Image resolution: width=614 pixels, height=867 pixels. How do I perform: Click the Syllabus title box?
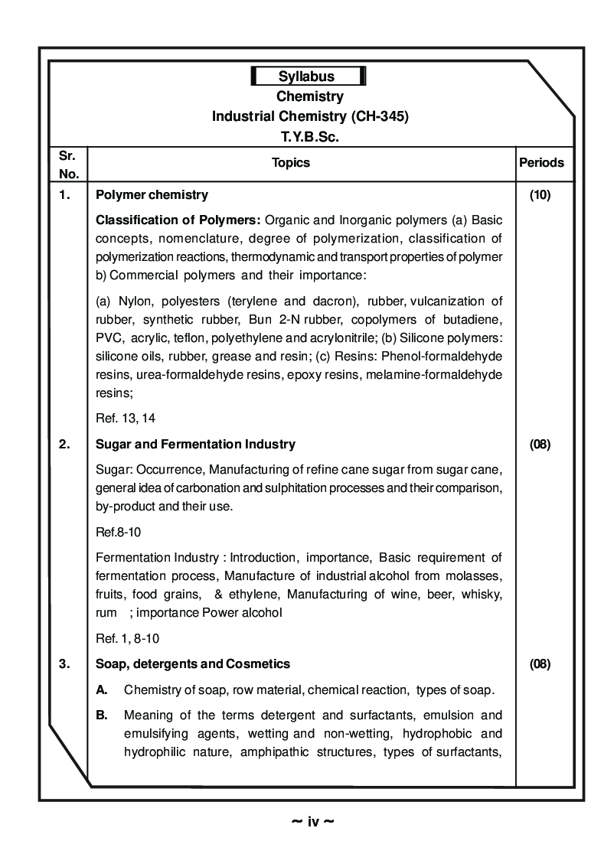(308, 77)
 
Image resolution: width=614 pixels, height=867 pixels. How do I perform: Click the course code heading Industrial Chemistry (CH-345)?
(309, 117)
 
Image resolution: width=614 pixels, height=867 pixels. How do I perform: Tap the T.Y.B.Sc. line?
(309, 137)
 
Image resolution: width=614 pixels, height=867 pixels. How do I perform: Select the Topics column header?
(291, 162)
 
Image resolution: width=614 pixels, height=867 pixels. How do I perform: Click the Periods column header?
(541, 162)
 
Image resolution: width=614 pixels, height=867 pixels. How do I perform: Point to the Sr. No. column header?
(68, 163)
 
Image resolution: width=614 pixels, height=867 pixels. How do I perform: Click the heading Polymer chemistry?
(152, 195)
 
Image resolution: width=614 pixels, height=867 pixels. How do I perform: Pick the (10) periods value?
(540, 195)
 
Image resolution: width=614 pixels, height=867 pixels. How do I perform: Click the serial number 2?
(65, 444)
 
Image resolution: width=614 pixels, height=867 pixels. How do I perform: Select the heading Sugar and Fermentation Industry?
(195, 444)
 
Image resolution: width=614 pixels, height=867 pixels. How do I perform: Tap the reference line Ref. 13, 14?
(126, 418)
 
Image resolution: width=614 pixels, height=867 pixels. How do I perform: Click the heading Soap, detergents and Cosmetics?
(193, 663)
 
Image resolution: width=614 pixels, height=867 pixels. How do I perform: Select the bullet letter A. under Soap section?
(101, 690)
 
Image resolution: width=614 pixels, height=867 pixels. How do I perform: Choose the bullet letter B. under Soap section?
(101, 716)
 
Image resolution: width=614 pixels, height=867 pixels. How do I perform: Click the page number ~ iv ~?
(312, 822)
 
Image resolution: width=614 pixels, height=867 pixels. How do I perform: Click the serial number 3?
(65, 663)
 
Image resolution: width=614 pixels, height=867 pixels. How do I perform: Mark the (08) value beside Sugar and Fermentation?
(540, 444)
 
